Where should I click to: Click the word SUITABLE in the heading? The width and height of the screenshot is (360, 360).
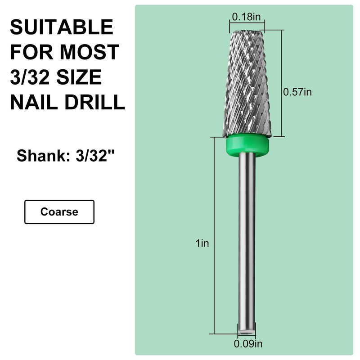click(62, 27)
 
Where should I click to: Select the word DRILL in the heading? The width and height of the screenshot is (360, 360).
click(94, 102)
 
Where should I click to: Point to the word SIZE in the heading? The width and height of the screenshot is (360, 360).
click(79, 77)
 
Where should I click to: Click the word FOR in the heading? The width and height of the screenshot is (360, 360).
click(31, 52)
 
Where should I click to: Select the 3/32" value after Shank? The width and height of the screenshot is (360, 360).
click(95, 156)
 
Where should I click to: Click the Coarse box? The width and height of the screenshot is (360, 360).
click(59, 211)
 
